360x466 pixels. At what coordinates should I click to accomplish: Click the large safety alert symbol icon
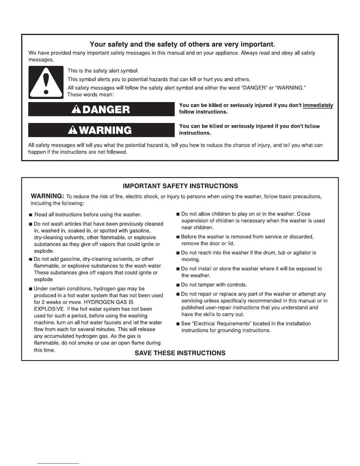coord(46,82)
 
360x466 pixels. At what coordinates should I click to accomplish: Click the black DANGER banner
coord(101,109)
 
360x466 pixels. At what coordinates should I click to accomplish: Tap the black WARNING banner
coord(101,130)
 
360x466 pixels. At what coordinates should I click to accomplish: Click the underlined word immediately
coord(318,105)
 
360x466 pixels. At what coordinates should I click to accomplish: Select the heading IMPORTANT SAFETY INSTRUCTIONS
coord(180,186)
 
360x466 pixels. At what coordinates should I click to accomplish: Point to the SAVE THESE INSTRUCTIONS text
coord(180,353)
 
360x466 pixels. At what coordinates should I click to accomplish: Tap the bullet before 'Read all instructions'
coord(31,215)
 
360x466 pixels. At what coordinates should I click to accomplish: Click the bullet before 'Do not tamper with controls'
coord(178,285)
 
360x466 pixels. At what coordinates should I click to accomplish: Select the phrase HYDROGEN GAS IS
coord(109,302)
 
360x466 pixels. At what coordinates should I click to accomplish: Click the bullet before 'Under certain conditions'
coord(31,289)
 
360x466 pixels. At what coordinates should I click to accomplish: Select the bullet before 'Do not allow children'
coord(178,214)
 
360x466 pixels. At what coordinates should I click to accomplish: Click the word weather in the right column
coord(199,276)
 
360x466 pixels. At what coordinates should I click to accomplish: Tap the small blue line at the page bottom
coord(58,463)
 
